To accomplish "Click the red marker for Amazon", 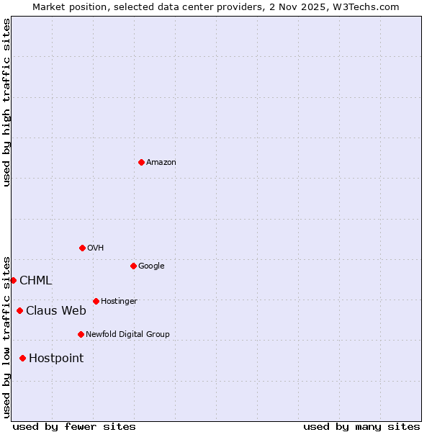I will tap(141, 162).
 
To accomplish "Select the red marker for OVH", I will tap(82, 248).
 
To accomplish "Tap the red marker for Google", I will tap(133, 266).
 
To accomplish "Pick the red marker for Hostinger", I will tap(96, 301).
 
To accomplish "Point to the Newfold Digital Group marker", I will tap(81, 334).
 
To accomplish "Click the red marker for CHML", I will tap(13, 280).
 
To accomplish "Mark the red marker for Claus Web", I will tap(19, 310).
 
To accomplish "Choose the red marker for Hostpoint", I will tap(22, 358).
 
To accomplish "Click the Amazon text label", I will tap(161, 163).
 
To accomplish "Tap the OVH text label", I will tap(96, 248).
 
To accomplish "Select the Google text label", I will tap(151, 266).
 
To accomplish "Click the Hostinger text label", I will tap(119, 302).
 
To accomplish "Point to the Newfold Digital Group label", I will tap(127, 335).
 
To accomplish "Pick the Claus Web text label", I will tap(56, 311).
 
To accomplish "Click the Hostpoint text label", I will tap(56, 359).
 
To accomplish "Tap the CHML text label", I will tap(36, 281).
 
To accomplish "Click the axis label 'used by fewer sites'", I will tap(74, 426).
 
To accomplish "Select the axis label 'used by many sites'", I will tap(361, 426).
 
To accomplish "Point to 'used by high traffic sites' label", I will tap(6, 102).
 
